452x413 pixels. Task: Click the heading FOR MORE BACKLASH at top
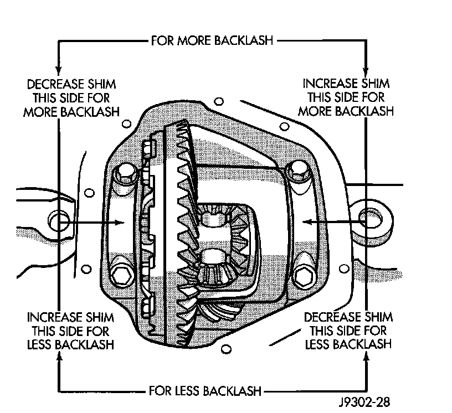[212, 40]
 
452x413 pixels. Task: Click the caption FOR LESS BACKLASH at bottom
[205, 391]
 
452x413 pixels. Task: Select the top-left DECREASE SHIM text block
[71, 98]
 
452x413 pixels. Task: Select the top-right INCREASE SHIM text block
[346, 97]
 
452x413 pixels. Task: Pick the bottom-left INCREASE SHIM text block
[71, 331]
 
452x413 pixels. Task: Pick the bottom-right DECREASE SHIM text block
[348, 331]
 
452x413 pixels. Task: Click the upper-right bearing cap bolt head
[298, 171]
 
